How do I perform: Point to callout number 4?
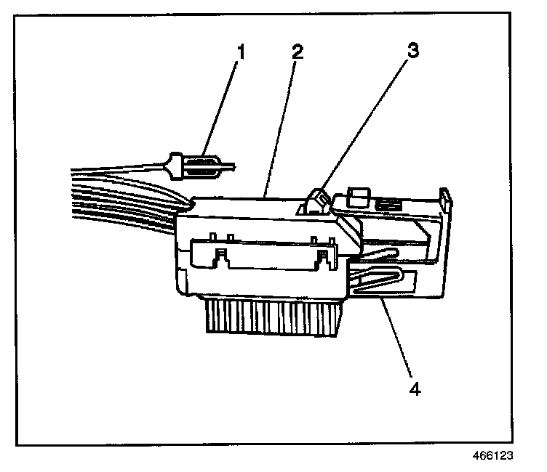coord(414,388)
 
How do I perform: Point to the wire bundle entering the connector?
coord(124,192)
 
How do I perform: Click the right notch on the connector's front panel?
coord(322,255)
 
